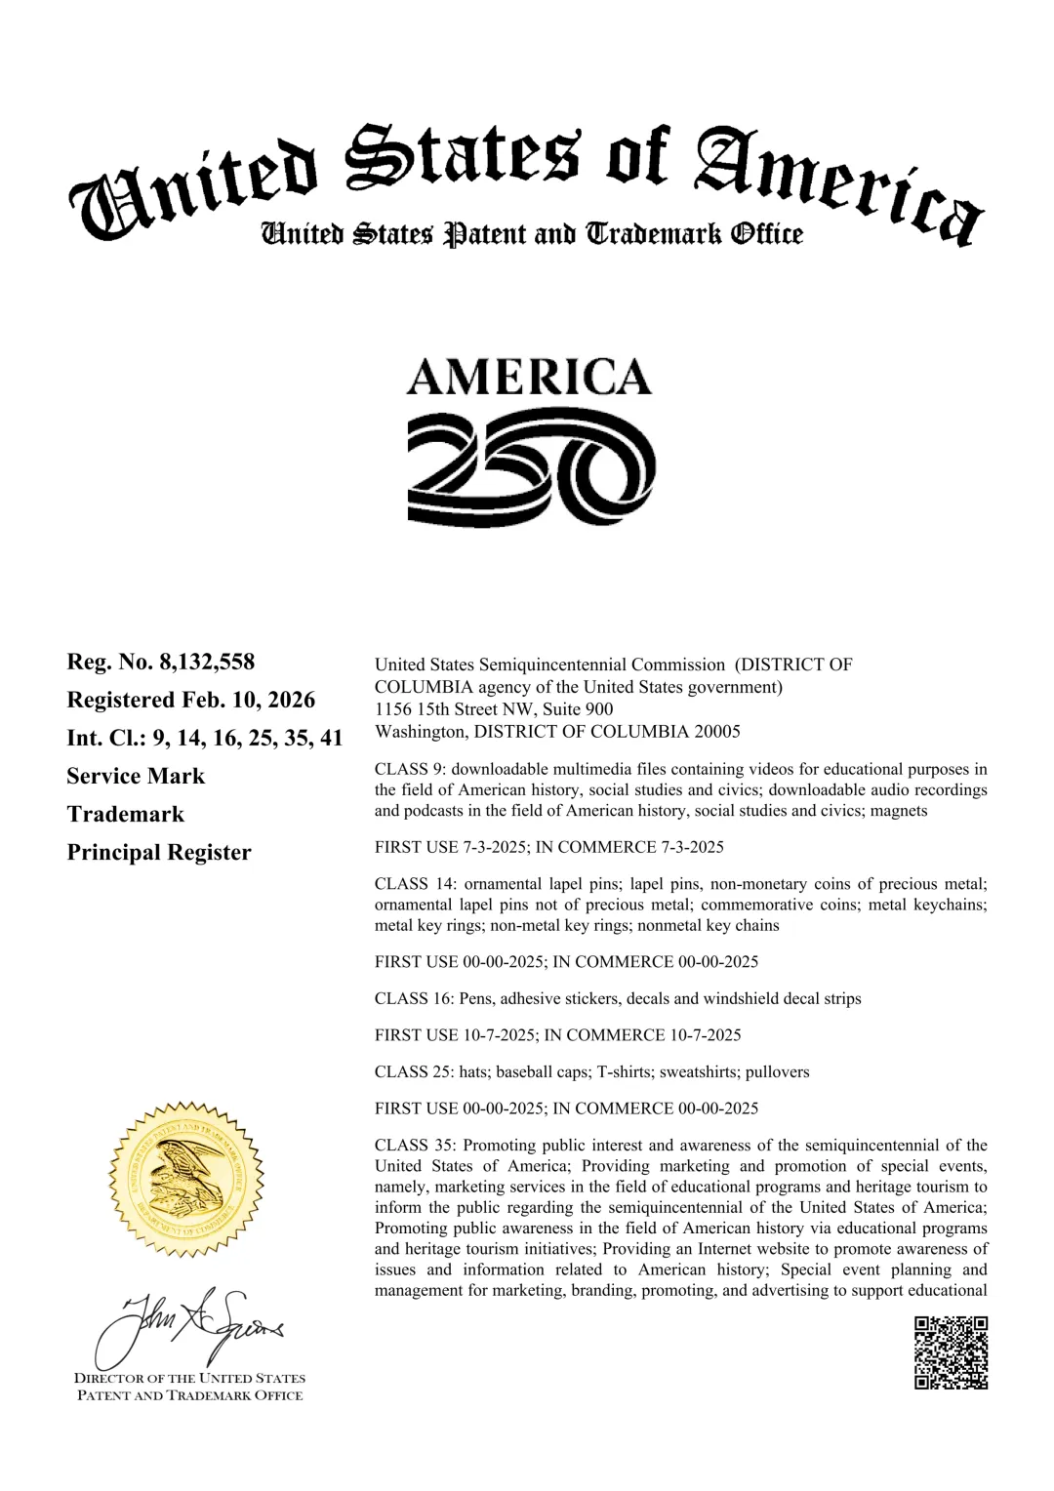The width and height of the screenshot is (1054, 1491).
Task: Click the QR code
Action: (x=951, y=1352)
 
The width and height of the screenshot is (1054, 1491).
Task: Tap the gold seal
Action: (x=185, y=1179)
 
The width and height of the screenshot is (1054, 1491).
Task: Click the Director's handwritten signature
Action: (x=190, y=1327)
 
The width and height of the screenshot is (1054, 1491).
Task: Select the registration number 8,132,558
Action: (x=207, y=662)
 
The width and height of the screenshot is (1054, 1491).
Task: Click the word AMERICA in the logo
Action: (x=529, y=378)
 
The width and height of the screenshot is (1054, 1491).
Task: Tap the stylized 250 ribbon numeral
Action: (x=531, y=467)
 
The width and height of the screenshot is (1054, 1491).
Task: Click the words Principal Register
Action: (x=159, y=852)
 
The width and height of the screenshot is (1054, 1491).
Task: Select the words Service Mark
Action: (x=136, y=776)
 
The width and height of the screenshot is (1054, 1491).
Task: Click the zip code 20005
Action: (x=717, y=732)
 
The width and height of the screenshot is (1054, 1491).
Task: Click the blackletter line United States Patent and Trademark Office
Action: (x=532, y=234)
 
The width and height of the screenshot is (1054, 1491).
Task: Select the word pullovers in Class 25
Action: (x=778, y=1071)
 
